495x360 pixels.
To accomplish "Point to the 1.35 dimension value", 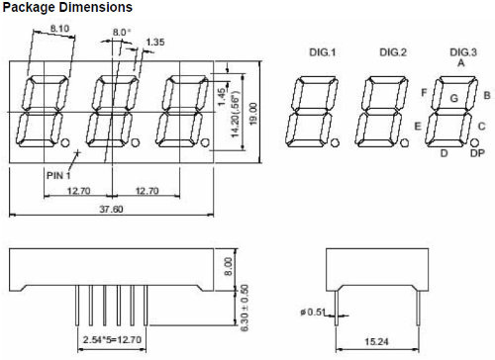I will (155, 43).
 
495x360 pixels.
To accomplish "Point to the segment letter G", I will (453, 98).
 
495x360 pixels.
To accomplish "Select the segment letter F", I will (424, 93).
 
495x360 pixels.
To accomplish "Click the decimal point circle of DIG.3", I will (477, 142).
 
